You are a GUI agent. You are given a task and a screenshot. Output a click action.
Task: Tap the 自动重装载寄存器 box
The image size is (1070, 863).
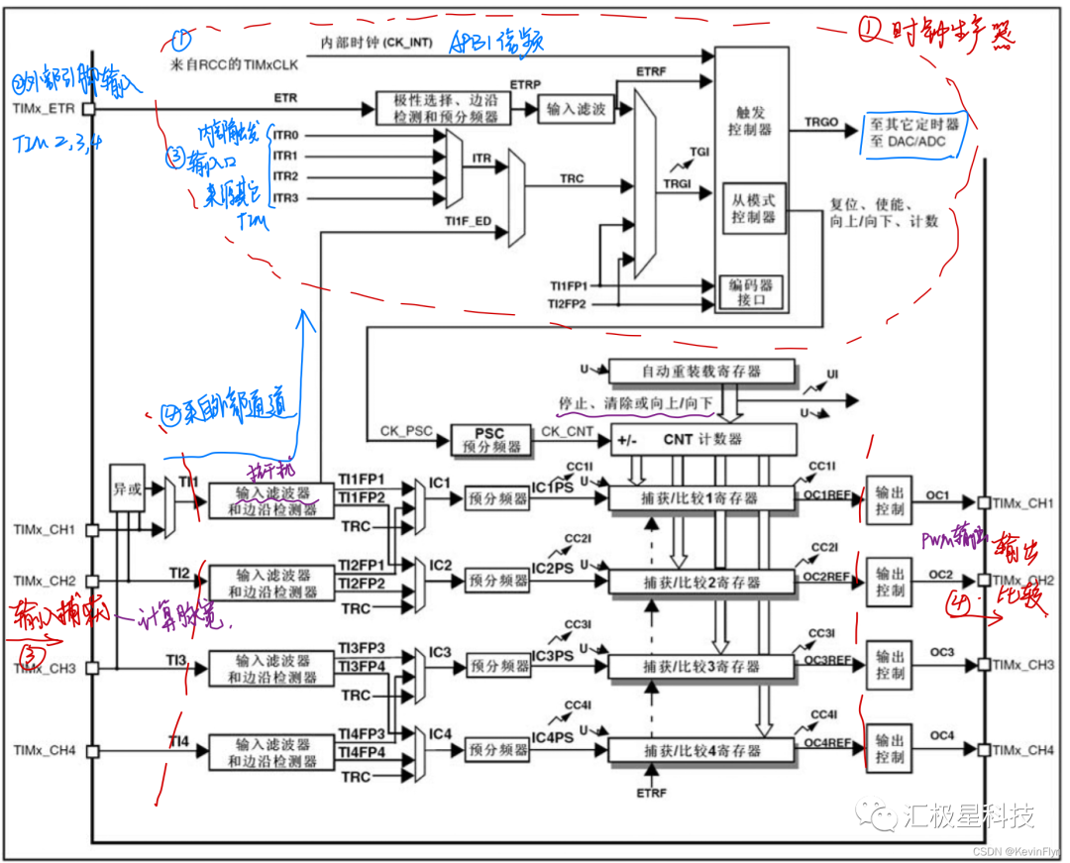coord(701,373)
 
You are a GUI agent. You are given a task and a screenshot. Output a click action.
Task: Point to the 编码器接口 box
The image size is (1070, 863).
coord(752,291)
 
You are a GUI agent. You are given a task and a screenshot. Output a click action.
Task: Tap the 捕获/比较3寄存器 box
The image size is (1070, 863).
coord(701,666)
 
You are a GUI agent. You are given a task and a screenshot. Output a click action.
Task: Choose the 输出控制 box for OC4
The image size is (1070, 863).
coord(890,749)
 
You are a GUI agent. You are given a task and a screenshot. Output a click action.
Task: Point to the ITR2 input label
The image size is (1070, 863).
coord(285,176)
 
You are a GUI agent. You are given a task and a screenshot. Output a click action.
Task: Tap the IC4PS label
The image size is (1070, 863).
coord(552,737)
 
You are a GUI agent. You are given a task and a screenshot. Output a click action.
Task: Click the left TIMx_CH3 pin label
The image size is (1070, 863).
coord(46,668)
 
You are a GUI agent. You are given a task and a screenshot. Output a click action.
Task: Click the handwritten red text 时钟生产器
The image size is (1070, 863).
coord(936,30)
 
